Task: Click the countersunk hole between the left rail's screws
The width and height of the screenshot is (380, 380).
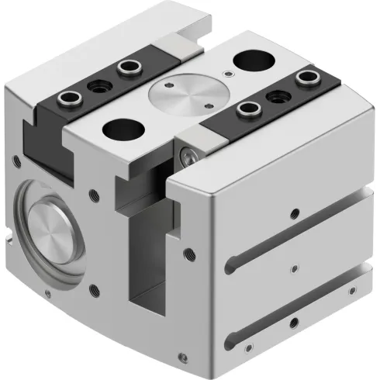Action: click(x=97, y=84)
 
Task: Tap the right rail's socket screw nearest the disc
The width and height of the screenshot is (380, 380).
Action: click(x=247, y=109)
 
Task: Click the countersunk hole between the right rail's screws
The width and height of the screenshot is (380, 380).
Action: click(x=277, y=95)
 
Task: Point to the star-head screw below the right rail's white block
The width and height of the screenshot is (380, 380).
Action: click(x=190, y=157)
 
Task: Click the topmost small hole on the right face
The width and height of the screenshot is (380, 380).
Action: click(x=292, y=212)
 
